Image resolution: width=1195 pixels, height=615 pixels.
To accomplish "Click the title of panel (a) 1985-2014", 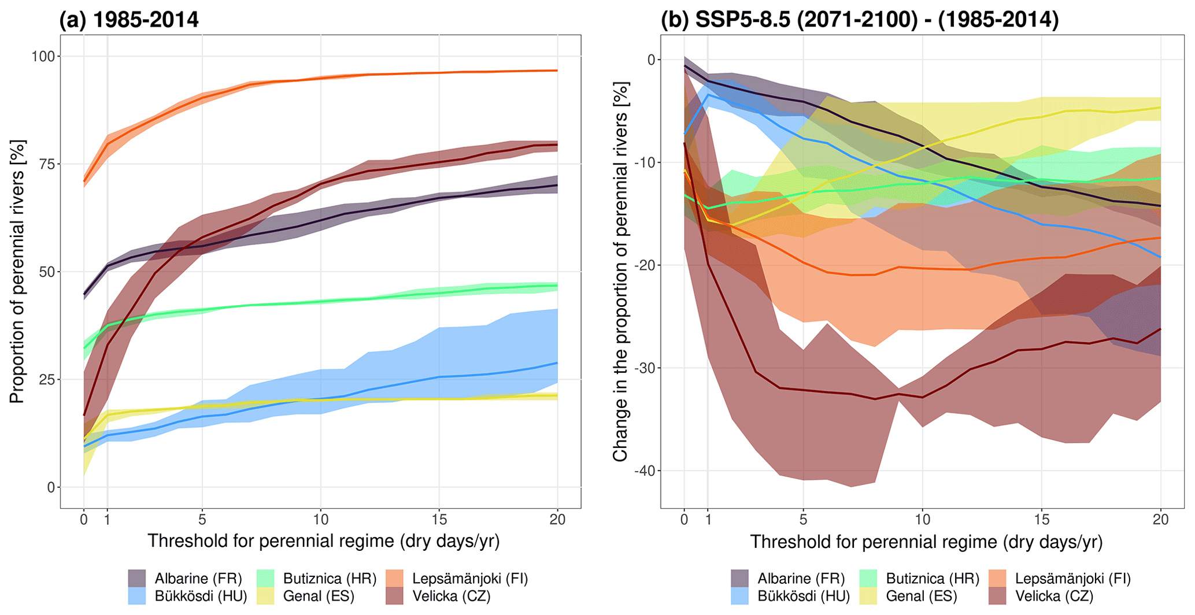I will (129, 20).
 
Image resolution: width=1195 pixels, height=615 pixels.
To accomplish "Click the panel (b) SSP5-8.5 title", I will (860, 20).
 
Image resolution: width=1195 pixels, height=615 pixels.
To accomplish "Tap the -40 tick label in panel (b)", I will (646, 471).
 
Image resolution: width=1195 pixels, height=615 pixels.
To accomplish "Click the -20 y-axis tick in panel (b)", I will (646, 265).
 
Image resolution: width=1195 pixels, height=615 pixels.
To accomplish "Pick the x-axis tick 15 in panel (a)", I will (439, 519).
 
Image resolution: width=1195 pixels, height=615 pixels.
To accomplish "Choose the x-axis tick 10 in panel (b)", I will (923, 519).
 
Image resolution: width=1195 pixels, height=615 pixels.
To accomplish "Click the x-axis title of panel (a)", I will (323, 541).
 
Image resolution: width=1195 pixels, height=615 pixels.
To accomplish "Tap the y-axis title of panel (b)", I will (620, 272).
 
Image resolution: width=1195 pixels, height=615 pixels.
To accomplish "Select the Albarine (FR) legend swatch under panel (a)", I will (137, 579).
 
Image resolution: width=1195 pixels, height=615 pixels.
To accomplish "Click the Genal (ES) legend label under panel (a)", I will (319, 596).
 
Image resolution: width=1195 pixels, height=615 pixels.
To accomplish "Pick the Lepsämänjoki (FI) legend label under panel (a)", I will (470, 579).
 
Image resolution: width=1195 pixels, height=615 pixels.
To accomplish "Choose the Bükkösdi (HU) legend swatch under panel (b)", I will (740, 596).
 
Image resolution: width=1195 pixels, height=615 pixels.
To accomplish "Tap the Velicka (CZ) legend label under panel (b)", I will (1055, 596).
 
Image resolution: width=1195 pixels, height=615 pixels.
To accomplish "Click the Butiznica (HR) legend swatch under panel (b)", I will (869, 579).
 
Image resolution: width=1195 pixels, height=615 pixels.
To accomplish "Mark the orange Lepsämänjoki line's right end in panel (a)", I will (557, 71).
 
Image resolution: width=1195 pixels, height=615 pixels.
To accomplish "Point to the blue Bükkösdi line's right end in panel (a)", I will (557, 363).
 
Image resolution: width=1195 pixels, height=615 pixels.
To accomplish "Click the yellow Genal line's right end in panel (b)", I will (1160, 108).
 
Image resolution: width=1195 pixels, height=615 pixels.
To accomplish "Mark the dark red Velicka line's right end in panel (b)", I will (1160, 329).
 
